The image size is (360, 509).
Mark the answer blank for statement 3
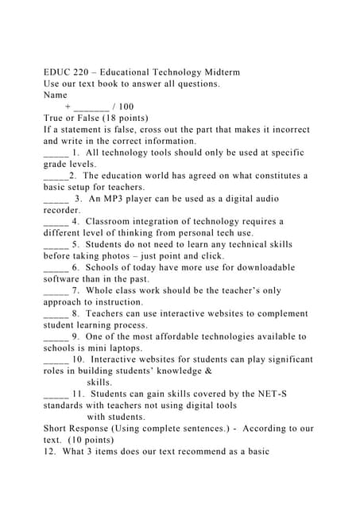[56, 199]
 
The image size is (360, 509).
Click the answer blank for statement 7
[56, 291]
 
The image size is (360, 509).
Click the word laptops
[122, 348]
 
